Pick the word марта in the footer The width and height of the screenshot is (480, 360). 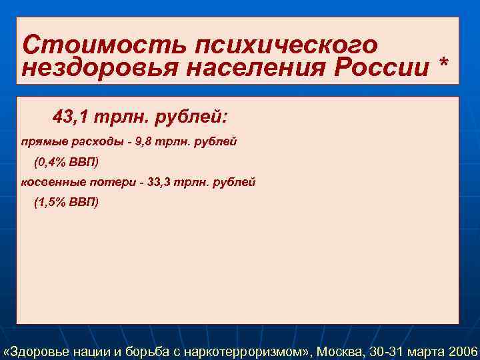point(426,351)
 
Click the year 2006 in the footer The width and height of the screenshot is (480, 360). point(463,351)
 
